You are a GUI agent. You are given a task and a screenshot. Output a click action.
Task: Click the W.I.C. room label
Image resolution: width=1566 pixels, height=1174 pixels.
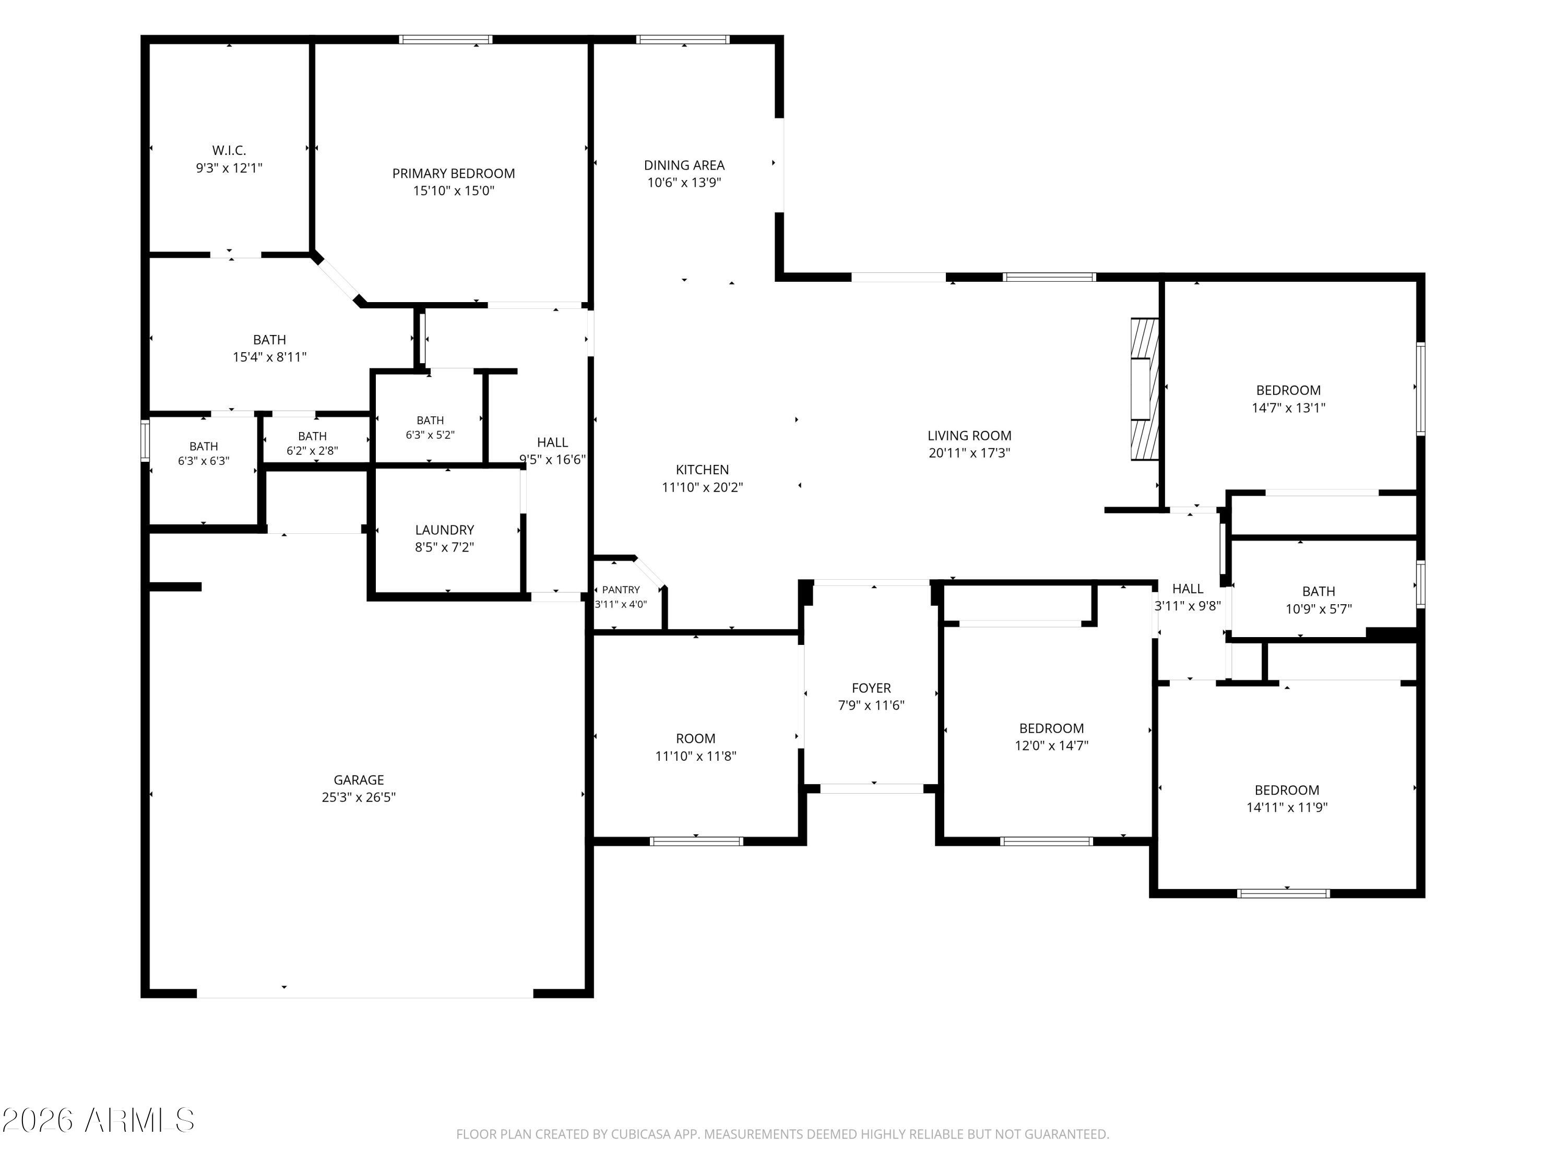click(x=229, y=150)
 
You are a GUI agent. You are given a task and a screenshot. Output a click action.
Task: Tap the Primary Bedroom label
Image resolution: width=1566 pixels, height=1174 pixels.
click(x=454, y=173)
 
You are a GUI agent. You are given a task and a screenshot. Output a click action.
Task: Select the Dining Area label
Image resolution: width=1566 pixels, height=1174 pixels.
click(x=684, y=165)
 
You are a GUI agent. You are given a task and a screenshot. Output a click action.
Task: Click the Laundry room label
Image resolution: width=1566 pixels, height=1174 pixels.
click(x=445, y=529)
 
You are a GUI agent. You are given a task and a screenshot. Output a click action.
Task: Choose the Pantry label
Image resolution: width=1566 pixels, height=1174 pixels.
click(x=621, y=590)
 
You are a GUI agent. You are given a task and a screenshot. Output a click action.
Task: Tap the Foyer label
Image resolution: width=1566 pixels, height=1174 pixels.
click(x=872, y=688)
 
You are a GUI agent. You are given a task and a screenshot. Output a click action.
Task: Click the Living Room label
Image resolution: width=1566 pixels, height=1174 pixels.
click(x=969, y=436)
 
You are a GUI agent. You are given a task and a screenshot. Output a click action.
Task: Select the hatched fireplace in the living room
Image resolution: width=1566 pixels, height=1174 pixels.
click(x=1145, y=389)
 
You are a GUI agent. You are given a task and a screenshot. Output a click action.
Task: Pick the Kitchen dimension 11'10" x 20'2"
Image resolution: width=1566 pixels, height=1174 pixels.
click(x=702, y=487)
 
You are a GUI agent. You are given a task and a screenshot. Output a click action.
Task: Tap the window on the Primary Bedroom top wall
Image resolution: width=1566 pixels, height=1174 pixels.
click(x=446, y=40)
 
